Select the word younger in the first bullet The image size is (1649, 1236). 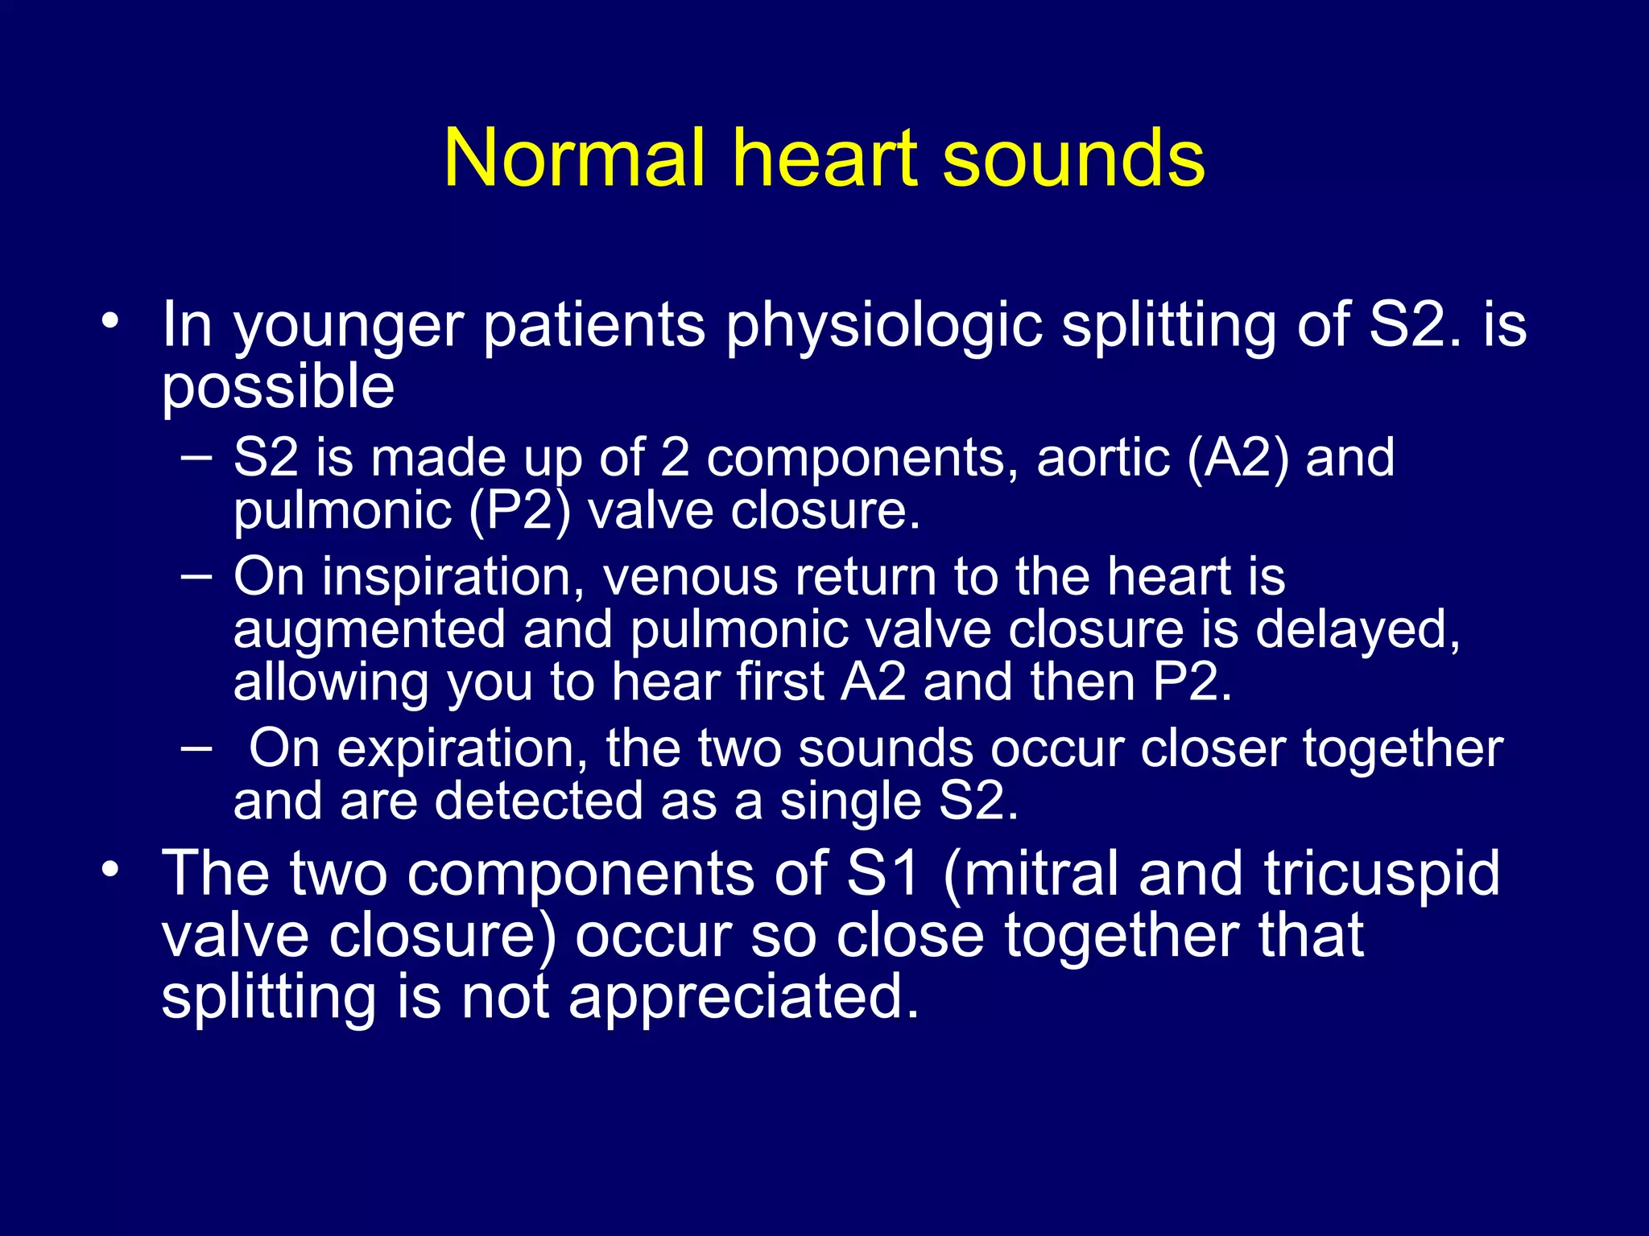(x=348, y=326)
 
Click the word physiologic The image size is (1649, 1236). (x=884, y=326)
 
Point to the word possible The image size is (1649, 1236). (x=278, y=387)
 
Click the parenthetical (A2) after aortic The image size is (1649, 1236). (x=1238, y=458)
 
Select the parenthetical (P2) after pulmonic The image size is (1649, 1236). (x=519, y=511)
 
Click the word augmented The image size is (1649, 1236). (x=369, y=629)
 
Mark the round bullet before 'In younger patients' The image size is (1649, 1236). (x=110, y=321)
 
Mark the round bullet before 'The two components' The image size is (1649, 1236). (x=110, y=869)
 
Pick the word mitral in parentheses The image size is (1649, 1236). (x=1040, y=874)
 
